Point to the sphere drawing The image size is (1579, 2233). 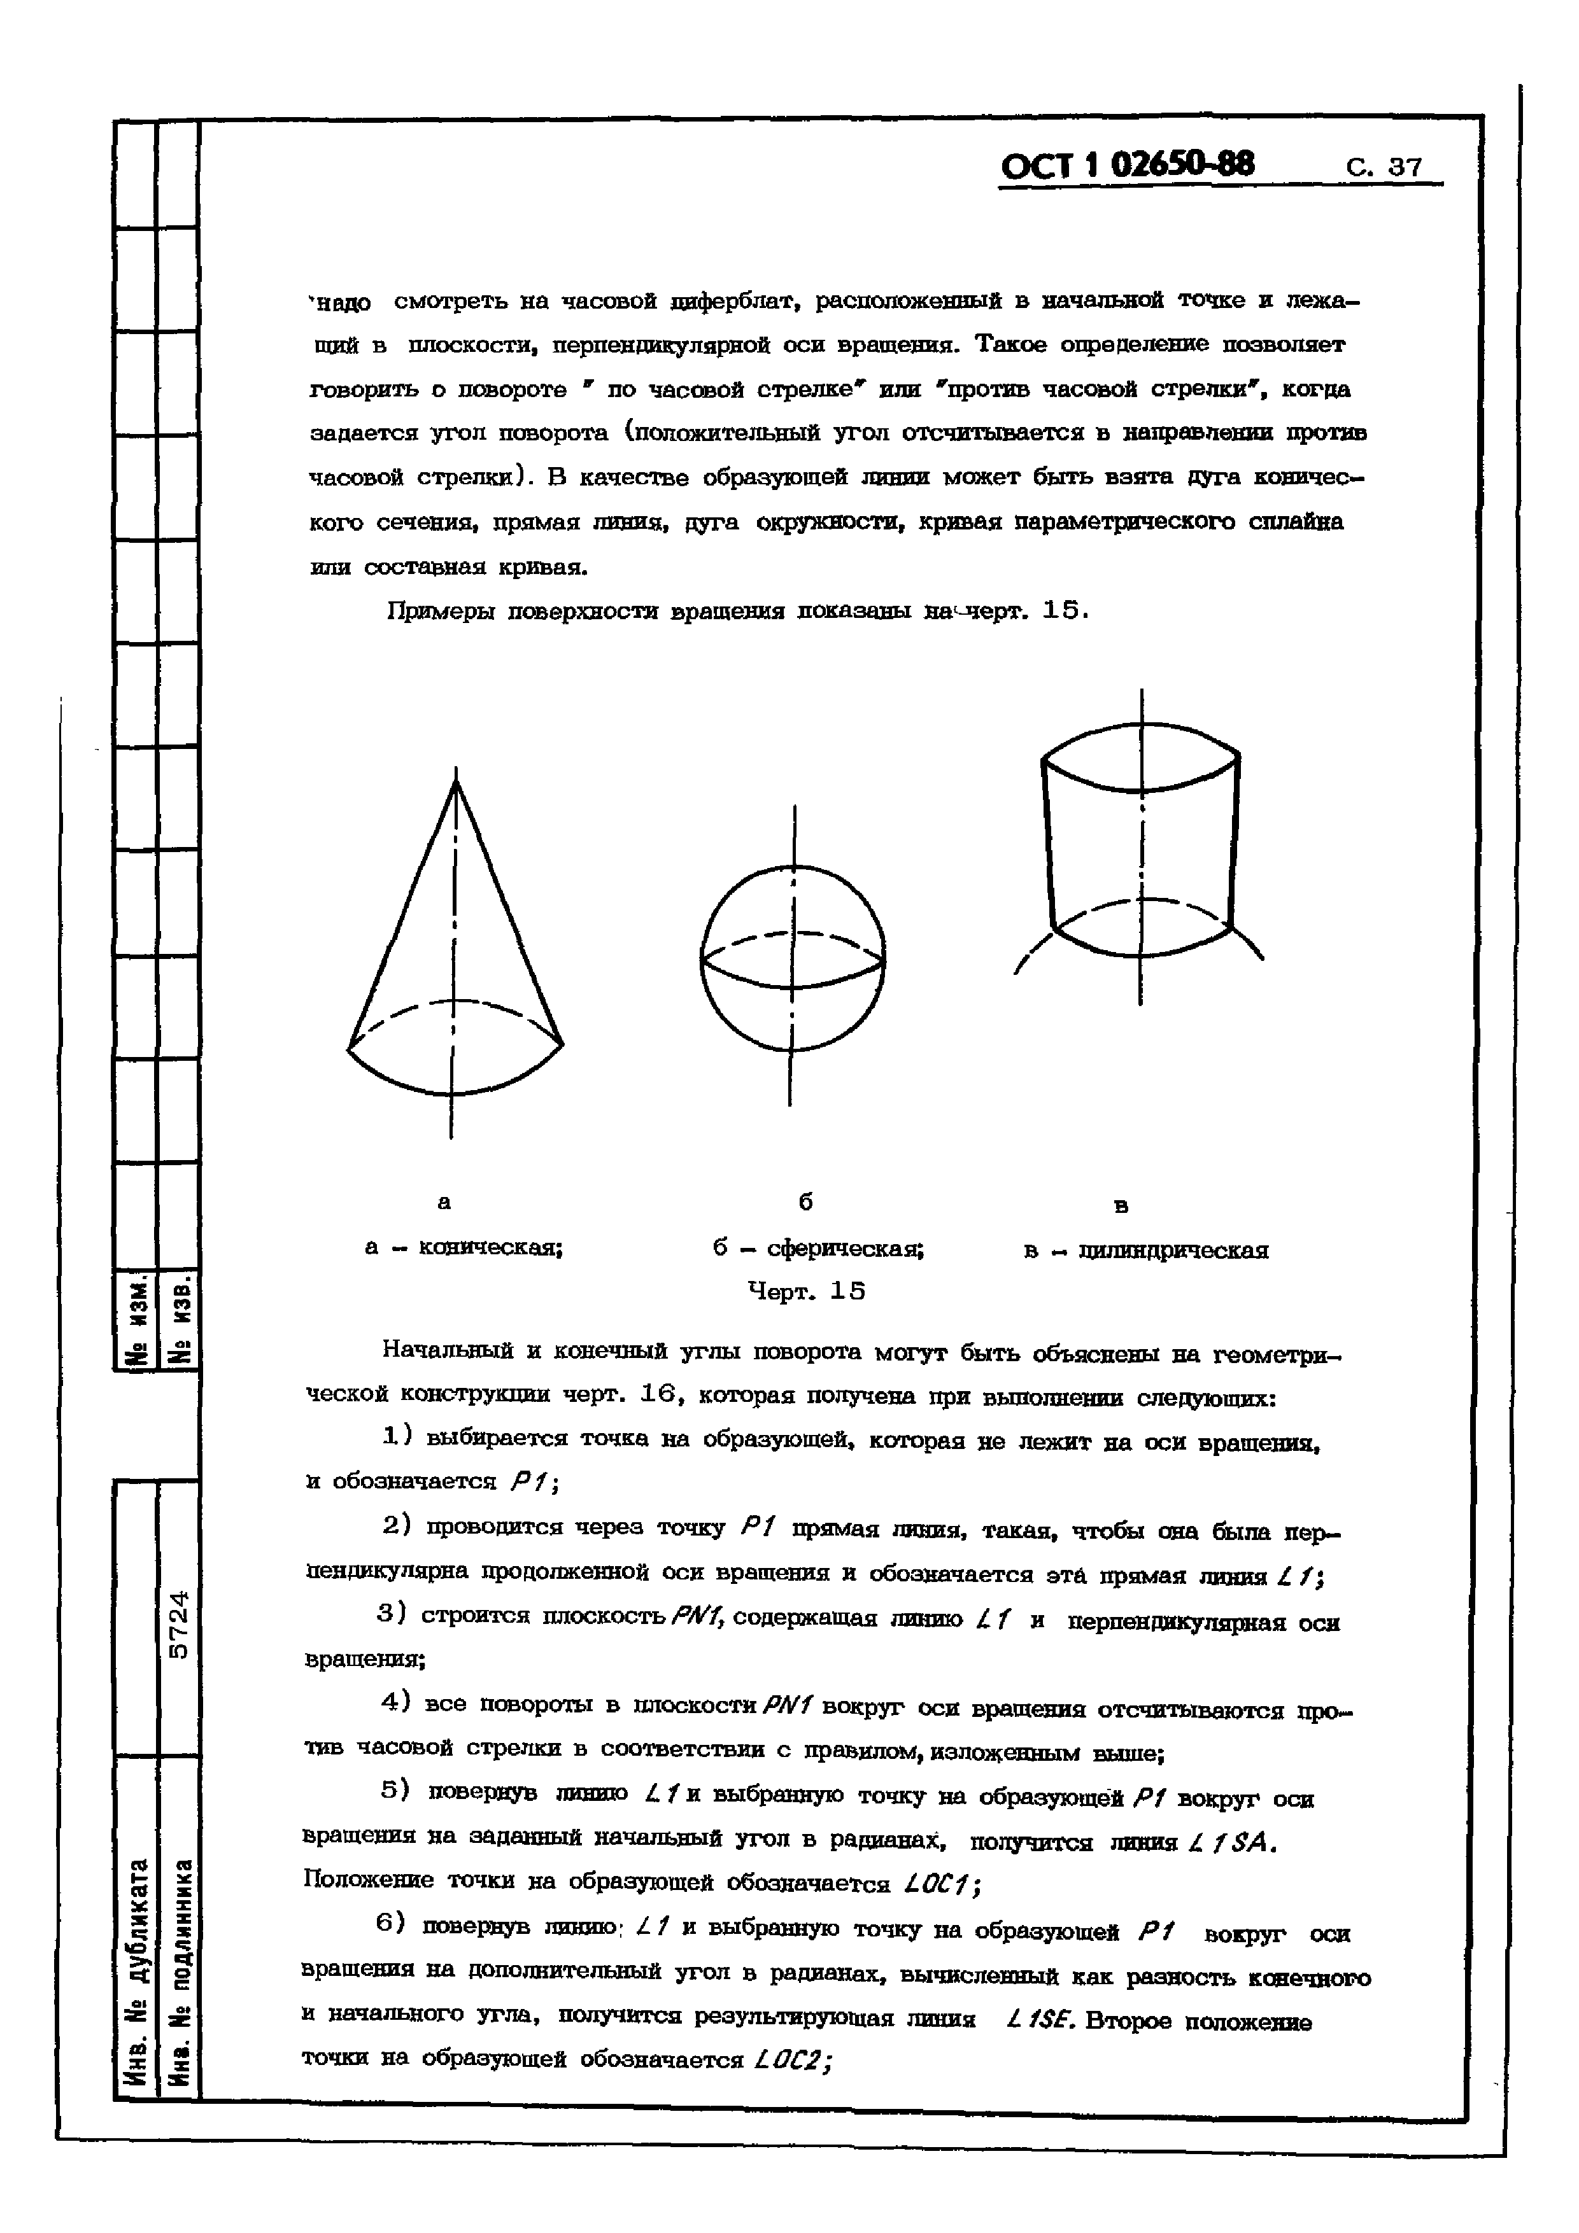[792, 958]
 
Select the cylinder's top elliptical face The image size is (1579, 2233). [1140, 757]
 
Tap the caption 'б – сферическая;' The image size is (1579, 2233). [818, 1248]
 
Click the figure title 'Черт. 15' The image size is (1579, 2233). [807, 1291]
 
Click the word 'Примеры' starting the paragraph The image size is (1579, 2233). [428, 612]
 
